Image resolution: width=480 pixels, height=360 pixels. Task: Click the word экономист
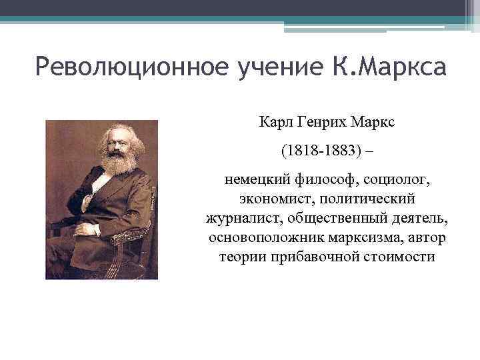[270, 199]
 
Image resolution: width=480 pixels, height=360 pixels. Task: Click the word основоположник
[257, 238]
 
